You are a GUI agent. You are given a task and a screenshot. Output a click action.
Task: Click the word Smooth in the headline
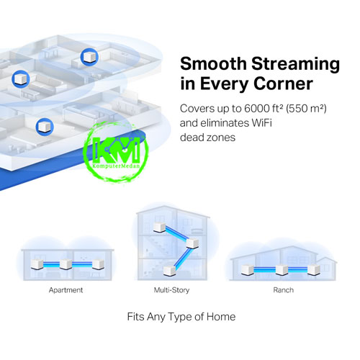click(213, 63)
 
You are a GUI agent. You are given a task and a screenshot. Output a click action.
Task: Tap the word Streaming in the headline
click(295, 65)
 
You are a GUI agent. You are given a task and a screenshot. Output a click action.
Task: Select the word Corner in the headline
click(283, 84)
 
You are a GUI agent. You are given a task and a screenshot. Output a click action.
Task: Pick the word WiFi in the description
click(261, 123)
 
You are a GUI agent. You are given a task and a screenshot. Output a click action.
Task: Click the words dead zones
click(207, 138)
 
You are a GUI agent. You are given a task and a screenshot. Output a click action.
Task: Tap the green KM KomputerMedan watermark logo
click(116, 152)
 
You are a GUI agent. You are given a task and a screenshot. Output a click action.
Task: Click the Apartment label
click(66, 290)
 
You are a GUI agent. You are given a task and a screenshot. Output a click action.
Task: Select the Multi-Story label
click(171, 290)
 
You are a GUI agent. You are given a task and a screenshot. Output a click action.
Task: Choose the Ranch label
click(283, 290)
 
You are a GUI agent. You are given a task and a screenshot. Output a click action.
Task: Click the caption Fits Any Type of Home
click(181, 317)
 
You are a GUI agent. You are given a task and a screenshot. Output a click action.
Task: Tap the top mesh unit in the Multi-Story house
click(160, 227)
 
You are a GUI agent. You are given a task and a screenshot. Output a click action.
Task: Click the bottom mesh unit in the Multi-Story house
click(170, 270)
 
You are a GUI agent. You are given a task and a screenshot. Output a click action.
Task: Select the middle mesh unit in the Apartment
click(66, 264)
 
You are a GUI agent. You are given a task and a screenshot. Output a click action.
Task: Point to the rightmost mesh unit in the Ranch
click(314, 269)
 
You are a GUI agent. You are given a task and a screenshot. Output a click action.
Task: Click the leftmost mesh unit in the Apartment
click(37, 264)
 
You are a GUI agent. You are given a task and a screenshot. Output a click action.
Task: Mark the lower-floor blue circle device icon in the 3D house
click(45, 127)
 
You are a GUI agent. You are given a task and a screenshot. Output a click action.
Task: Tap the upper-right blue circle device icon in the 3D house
click(89, 57)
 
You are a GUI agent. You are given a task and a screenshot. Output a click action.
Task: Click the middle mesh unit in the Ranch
click(282, 269)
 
